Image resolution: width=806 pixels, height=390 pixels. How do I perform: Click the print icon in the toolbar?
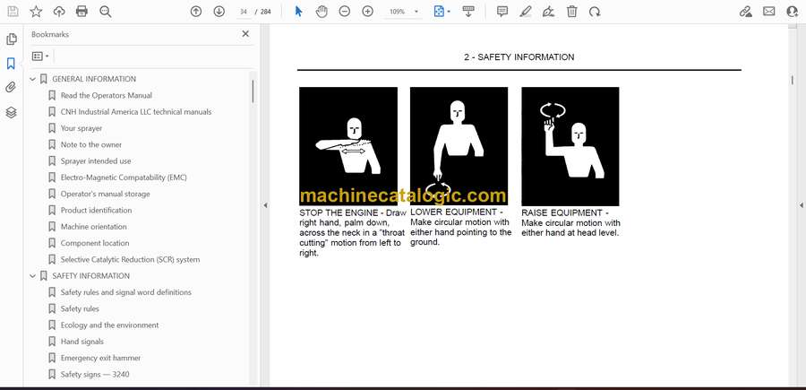[x=81, y=12]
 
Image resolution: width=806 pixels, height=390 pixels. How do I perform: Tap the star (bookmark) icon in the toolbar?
[x=36, y=12]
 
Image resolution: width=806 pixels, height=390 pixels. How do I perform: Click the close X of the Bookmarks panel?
[x=245, y=34]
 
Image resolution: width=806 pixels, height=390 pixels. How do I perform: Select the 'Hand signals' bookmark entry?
[x=82, y=342]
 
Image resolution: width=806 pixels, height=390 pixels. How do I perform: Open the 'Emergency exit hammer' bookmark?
[x=100, y=358]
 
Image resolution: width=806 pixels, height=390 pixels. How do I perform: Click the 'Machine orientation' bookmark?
[x=93, y=227]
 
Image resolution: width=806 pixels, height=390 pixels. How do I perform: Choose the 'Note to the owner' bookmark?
[x=91, y=144]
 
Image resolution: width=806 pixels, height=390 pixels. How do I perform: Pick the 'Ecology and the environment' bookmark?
[x=109, y=325]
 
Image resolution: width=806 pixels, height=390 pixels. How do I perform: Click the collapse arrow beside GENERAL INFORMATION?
[x=33, y=79]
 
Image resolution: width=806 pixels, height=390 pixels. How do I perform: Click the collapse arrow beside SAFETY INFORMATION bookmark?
[x=33, y=276]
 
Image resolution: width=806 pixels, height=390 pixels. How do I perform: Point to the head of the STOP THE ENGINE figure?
[x=354, y=128]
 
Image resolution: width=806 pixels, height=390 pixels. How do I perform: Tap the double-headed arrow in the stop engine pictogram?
[x=354, y=152]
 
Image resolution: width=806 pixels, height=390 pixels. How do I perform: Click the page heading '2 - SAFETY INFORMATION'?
[x=519, y=57]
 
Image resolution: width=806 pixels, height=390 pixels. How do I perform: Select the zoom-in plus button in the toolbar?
[x=367, y=12]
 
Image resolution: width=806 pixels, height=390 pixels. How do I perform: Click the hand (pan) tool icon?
[x=322, y=12]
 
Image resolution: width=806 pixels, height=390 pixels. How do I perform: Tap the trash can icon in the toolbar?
[x=572, y=12]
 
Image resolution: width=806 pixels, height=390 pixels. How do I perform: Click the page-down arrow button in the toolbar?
[x=219, y=12]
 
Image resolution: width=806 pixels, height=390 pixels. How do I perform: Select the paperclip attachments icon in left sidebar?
[x=11, y=88]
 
